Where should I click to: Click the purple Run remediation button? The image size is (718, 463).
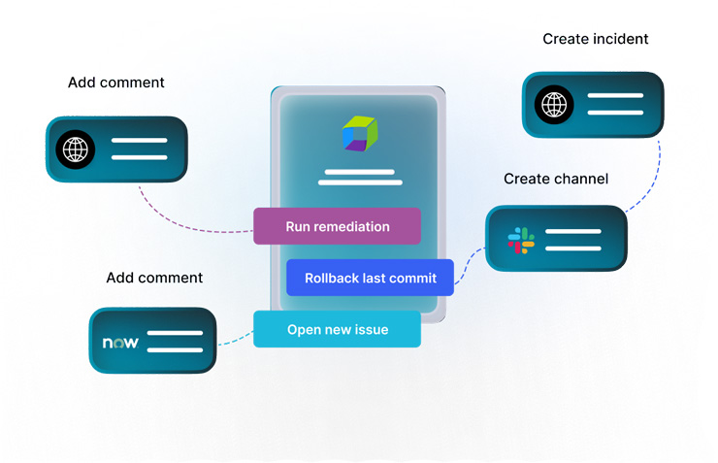click(x=337, y=226)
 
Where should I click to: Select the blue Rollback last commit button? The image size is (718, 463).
click(x=370, y=278)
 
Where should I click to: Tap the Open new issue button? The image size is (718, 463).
click(x=337, y=329)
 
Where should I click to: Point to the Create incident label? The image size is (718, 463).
click(x=595, y=40)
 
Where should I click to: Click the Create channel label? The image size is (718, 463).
click(x=556, y=179)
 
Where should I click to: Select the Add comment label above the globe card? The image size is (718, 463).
click(x=116, y=83)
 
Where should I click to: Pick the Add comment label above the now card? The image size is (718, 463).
click(x=154, y=278)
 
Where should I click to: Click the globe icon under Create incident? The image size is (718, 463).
click(x=554, y=104)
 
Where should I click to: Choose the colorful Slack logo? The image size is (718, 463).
click(x=520, y=240)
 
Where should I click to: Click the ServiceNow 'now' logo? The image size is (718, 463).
click(x=120, y=343)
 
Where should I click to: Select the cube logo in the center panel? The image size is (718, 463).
click(x=359, y=134)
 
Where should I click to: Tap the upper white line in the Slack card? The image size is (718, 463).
click(x=572, y=232)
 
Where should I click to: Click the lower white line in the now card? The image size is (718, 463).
click(x=175, y=349)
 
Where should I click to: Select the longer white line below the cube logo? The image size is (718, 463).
click(x=360, y=182)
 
